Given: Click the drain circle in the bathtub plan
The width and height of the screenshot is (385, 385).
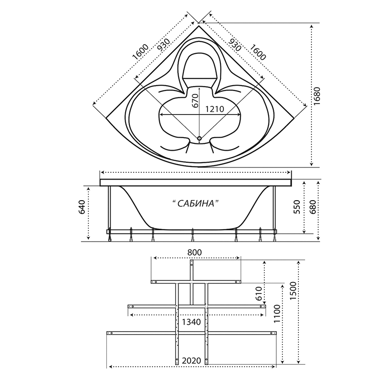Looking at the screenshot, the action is pos(199,139).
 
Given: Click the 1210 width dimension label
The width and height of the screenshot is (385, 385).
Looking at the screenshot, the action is pos(214,109).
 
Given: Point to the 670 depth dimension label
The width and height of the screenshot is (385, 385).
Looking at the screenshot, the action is pos(195,101).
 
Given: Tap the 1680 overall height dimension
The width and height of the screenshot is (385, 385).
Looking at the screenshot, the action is pos(317,96).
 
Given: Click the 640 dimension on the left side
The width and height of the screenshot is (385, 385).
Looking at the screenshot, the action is pos(81,207).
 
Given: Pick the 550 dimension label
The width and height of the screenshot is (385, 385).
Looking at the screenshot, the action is pos(297,207).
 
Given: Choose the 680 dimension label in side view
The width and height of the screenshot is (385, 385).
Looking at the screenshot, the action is pos(312,207).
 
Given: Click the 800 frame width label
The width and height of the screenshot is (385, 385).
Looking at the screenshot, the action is pos(194,252).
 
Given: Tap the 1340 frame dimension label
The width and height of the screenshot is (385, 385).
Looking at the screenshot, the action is pos(191,321).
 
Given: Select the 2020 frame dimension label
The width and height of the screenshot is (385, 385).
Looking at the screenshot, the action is pos(192,360).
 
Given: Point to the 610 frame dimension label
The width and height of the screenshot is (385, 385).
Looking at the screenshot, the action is pos(259,294).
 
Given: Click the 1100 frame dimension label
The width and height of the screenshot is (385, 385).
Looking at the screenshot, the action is pos(277,314).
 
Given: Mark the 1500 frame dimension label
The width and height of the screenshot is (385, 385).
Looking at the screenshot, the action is pos(293,291).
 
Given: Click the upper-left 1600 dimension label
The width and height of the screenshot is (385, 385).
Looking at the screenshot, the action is pos(140,52).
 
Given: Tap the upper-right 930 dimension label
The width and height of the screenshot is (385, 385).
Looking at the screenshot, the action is pos(235,45).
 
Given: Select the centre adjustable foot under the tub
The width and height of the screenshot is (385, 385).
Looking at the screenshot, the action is pos(192,235).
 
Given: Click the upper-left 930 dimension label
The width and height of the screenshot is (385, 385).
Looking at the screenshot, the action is pos(164,45).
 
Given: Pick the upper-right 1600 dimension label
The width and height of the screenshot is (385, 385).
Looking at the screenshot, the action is pos(258,52).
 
